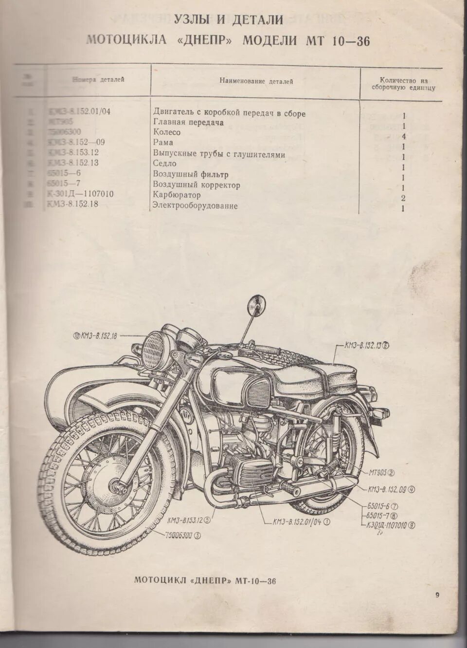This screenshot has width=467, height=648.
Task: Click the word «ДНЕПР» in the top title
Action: (208, 40)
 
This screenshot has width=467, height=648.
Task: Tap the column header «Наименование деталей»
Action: (256, 81)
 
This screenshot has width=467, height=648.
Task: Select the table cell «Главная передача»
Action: (188, 123)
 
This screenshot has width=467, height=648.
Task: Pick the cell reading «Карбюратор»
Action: (177, 195)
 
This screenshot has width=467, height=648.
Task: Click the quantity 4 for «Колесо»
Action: (404, 136)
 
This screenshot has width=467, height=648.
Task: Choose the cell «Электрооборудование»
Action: (195, 206)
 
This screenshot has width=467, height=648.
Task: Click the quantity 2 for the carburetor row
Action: (404, 198)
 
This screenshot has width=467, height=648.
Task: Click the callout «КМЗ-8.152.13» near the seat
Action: (367, 346)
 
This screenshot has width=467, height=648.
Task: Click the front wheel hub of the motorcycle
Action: (118, 485)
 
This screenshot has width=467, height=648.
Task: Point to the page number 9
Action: (437, 595)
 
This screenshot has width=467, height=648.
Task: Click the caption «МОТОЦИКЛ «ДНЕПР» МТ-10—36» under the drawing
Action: (205, 580)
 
